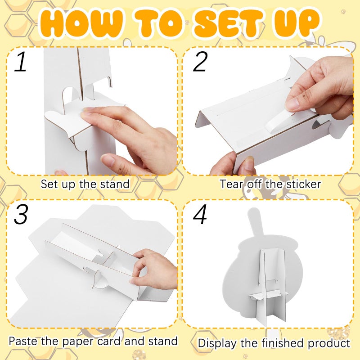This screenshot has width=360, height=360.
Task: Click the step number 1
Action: (x=20, y=61)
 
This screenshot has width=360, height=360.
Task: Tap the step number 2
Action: (x=200, y=61)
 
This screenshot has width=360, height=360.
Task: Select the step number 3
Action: (x=21, y=214)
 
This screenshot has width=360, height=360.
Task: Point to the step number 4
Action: (x=200, y=214)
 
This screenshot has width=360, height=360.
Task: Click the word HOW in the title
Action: (x=81, y=23)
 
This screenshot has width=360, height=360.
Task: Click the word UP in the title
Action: (x=297, y=22)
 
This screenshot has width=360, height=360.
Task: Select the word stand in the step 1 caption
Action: (x=115, y=184)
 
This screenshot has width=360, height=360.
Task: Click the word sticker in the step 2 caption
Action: (x=303, y=184)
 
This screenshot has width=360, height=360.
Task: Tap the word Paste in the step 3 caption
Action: (x=23, y=341)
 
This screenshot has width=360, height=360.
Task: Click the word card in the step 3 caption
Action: (x=109, y=341)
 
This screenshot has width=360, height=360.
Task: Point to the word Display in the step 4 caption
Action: (x=217, y=343)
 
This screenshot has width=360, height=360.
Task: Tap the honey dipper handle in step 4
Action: (x=254, y=222)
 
